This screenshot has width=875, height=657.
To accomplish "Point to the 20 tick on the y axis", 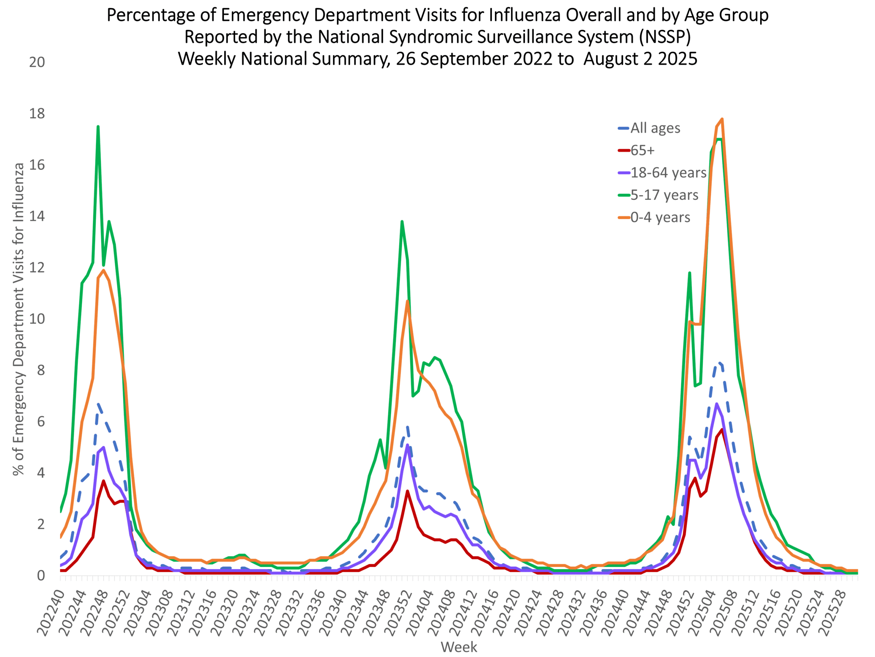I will pyautogui.click(x=37, y=63).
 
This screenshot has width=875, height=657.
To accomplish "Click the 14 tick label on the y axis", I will pyautogui.click(x=37, y=216).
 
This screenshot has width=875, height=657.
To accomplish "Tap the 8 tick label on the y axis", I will pyautogui.click(x=41, y=370).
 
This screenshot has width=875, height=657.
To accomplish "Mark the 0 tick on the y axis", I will pyautogui.click(x=41, y=576).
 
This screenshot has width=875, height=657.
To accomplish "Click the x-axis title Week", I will pyautogui.click(x=459, y=647).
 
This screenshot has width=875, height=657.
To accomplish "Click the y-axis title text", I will pyautogui.click(x=18, y=319).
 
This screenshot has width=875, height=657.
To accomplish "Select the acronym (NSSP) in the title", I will pyautogui.click(x=664, y=37).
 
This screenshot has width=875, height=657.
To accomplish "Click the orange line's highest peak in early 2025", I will pyautogui.click(x=722, y=119).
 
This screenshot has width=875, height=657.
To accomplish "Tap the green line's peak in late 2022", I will pyautogui.click(x=98, y=127).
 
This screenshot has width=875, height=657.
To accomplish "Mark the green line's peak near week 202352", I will pyautogui.click(x=402, y=222).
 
